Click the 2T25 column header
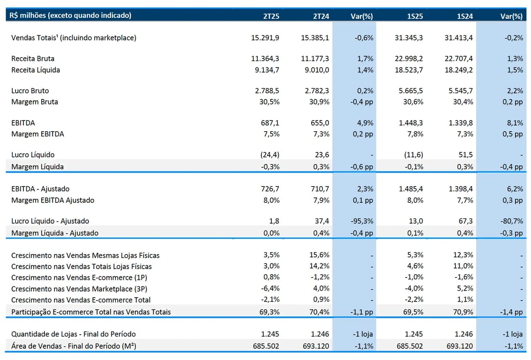[x=271, y=16]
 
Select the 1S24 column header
[x=465, y=16]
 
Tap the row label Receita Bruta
[x=33, y=59]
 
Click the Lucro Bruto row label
[x=30, y=91]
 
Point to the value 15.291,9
[x=265, y=38]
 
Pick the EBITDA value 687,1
[x=270, y=123]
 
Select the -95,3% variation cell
[x=362, y=221]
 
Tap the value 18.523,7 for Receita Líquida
[x=409, y=70]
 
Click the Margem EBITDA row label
[x=37, y=134]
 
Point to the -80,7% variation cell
[x=512, y=221]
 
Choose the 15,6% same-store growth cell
[x=319, y=255]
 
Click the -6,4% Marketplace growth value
[x=270, y=289]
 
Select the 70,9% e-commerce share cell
[x=463, y=312]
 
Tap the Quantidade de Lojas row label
[x=74, y=334]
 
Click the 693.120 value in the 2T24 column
[x=316, y=346]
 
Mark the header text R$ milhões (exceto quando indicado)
[x=70, y=15]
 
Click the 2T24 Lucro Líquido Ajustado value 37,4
[x=322, y=221]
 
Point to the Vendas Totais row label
[x=74, y=38]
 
